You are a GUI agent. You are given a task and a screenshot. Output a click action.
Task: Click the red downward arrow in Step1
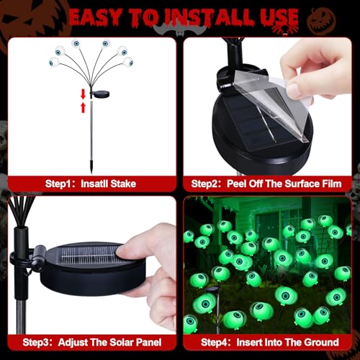pos(83,94)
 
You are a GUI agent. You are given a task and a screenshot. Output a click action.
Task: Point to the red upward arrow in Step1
pos(83,107)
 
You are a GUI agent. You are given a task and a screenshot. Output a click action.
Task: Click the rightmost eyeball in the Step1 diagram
pos(128,62)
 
